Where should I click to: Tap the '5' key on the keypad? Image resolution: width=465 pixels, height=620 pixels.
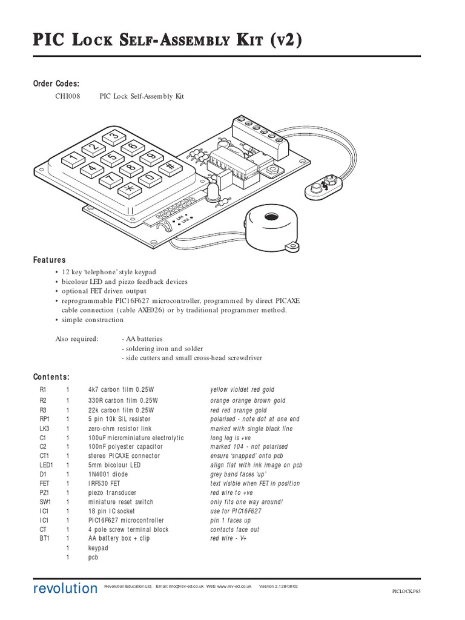112,158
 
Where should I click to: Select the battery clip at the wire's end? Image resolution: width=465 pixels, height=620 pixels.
324,186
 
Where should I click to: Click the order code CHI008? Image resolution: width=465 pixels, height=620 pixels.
67,97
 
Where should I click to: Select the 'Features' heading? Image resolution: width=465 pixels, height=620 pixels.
49,260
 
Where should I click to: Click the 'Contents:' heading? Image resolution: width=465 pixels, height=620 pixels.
51,377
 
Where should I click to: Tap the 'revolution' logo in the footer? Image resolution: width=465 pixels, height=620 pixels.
65,589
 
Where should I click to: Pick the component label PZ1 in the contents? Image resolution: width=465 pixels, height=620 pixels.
44,493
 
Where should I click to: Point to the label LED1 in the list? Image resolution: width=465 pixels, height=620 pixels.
47,465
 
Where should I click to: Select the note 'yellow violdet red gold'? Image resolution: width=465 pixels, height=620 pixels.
242,391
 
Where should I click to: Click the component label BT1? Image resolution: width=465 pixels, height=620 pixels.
44,539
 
